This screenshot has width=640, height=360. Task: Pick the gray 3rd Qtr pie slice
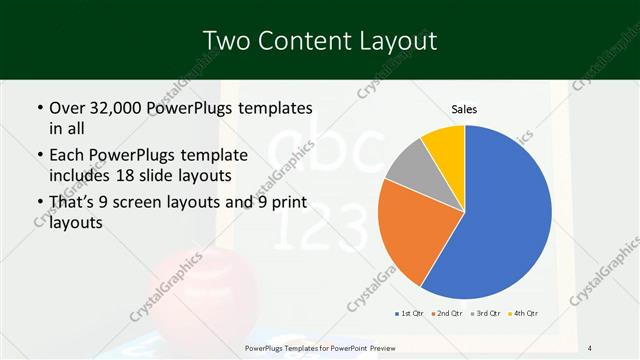point(407,167)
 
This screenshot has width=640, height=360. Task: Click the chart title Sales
point(464,109)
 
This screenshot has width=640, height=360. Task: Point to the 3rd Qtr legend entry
point(488,314)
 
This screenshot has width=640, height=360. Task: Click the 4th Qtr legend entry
point(526,314)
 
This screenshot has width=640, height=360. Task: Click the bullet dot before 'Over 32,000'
point(38,107)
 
